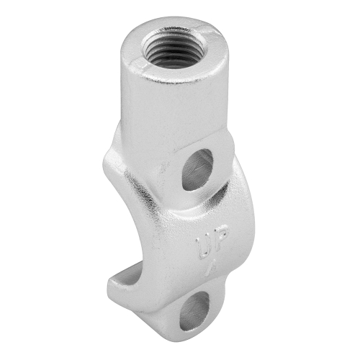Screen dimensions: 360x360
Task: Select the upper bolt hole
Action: coord(197,170)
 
